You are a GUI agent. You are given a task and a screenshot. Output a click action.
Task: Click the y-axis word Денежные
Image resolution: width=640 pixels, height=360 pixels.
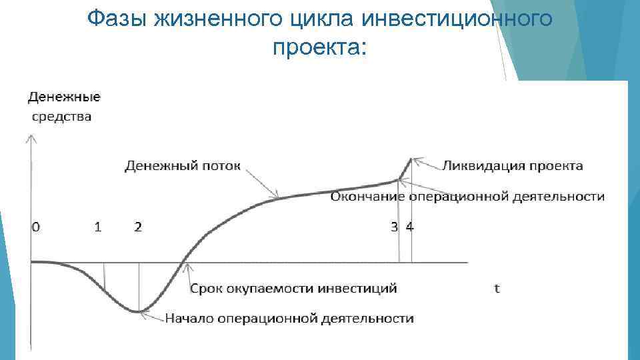pos(64,97)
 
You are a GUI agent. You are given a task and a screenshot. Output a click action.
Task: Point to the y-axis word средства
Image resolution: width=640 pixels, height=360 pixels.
pos(63,117)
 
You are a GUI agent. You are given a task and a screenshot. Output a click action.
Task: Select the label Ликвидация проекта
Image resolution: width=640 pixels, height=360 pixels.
pos(512,166)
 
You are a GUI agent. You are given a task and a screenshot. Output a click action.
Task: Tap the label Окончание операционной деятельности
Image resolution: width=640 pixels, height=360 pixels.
pos(467,197)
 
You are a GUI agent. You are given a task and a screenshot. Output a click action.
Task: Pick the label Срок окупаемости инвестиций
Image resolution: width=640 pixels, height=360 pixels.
pos(293,289)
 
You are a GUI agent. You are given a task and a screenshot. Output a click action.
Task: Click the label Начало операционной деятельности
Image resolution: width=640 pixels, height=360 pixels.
pos(289,319)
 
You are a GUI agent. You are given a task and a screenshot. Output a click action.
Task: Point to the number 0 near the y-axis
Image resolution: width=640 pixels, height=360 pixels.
pos(35,227)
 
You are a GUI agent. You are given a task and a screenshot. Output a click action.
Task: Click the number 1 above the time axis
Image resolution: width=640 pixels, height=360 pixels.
pos(98,227)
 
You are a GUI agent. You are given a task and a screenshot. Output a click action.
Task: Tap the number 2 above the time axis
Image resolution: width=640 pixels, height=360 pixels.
pos(137,227)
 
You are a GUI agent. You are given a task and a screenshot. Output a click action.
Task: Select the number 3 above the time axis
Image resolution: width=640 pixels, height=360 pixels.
pos(395,227)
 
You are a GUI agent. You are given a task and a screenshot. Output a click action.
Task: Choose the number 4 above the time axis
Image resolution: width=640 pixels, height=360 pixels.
pos(409,227)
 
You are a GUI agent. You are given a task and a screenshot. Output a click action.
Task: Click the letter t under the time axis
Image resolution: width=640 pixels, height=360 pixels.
pos(497,289)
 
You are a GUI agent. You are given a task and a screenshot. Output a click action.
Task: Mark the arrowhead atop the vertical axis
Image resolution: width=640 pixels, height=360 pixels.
pos(31,139)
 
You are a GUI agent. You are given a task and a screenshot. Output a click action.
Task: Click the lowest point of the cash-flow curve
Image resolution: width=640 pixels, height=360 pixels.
pos(138,311)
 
